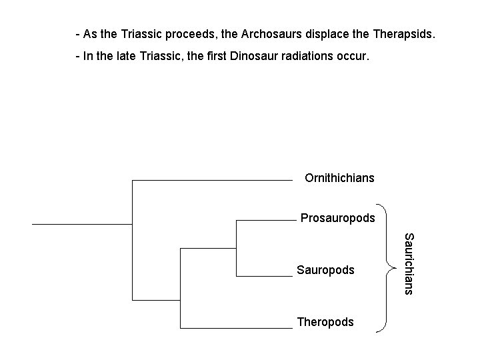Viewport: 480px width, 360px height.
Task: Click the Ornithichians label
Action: (339, 178)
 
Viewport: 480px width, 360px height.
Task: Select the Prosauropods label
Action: (337, 218)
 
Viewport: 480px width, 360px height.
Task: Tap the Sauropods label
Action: (325, 270)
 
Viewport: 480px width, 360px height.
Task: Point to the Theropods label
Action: (325, 322)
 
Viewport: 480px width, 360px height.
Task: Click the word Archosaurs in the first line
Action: (251, 33)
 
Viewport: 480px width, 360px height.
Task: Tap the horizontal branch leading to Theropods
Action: (237, 328)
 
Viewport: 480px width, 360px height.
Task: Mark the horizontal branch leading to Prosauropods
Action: (265, 219)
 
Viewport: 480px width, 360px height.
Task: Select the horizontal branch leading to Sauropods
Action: (265, 275)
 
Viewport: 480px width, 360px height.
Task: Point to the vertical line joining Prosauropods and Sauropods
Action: (237, 247)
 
